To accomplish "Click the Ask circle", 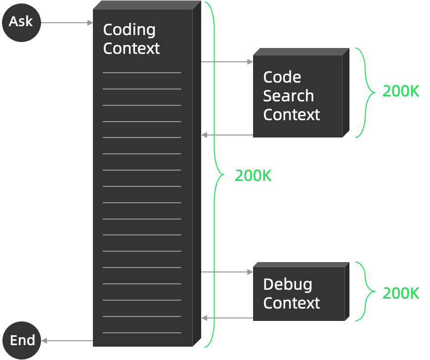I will point(21,22).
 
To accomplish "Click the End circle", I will point(22,340).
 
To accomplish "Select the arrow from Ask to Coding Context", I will point(67,23).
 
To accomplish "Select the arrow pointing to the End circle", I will point(67,340).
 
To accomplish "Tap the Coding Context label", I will point(131,39).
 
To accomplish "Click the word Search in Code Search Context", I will point(288,96).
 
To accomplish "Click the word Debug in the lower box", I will point(288,284).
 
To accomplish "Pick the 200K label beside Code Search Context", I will point(401,91).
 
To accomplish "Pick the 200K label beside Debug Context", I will point(401,293).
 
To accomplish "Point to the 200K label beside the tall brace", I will point(253,176).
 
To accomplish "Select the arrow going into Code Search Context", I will point(227,62).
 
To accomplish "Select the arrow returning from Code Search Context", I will point(227,135).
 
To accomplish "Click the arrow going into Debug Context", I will point(227,272).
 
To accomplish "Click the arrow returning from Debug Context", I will point(227,318).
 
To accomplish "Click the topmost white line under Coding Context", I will point(142,73).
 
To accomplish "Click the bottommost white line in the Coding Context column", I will point(142,333).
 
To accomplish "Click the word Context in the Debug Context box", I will point(292,303).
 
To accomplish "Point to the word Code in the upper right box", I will point(282,77).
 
